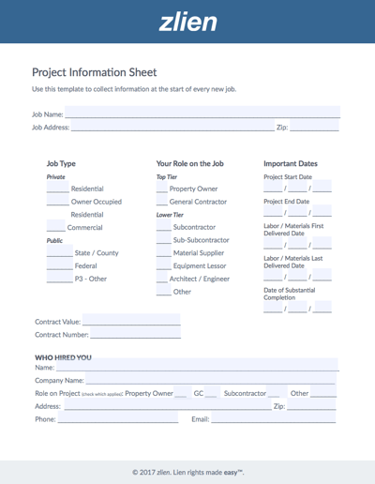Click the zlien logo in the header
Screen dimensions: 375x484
(x=187, y=21)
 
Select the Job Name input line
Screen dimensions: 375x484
(x=202, y=113)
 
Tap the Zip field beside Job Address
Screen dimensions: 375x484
(x=314, y=127)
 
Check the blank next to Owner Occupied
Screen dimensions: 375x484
(x=57, y=202)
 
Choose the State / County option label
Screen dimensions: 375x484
(x=97, y=253)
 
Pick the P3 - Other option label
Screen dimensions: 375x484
(x=91, y=279)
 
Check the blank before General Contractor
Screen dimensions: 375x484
(x=162, y=202)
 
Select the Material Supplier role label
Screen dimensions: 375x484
(x=199, y=253)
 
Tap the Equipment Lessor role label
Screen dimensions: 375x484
(x=199, y=266)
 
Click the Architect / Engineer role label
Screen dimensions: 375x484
(x=200, y=279)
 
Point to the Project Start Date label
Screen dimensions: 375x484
(x=288, y=176)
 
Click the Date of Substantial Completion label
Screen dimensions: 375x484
(x=290, y=294)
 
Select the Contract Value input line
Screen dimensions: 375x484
(x=131, y=322)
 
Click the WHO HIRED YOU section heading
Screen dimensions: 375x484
(x=64, y=357)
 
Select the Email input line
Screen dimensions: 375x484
(x=272, y=420)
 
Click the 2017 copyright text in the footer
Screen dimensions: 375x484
(x=187, y=472)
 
